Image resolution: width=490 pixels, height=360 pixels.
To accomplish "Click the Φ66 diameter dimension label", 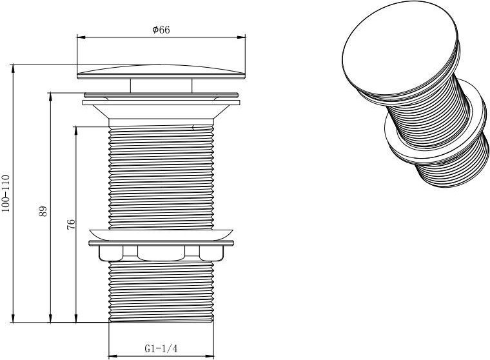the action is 161,30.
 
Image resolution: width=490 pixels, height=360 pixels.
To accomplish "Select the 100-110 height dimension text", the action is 6,194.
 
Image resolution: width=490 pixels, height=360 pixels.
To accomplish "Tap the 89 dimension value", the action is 43,211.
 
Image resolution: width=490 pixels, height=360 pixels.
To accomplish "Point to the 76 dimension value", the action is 71,225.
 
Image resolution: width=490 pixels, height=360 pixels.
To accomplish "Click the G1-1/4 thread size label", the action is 161,348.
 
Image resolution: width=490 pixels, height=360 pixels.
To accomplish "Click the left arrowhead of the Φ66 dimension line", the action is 81,37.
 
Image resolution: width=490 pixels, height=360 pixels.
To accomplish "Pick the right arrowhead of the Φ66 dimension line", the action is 241,37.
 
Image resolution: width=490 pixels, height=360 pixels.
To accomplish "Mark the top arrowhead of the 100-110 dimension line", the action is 13,69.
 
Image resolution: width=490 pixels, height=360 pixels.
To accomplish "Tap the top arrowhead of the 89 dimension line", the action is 50,97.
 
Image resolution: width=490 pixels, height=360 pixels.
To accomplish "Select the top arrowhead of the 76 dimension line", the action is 76,131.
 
